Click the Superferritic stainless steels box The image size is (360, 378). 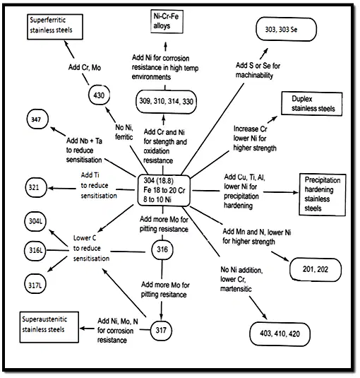click(x=55, y=27)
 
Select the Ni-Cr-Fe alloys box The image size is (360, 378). click(x=167, y=21)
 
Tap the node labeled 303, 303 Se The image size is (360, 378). click(x=286, y=29)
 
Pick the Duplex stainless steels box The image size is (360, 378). click(x=312, y=104)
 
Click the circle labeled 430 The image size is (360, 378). click(x=99, y=95)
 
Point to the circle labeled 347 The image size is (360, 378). click(x=37, y=119)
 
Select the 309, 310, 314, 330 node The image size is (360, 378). click(x=166, y=102)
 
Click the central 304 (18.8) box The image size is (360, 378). click(x=164, y=191)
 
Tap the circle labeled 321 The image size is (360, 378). click(x=36, y=187)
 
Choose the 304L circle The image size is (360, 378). click(x=35, y=221)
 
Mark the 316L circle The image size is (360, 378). click(x=35, y=250)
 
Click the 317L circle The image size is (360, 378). click(x=35, y=285)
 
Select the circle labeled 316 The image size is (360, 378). click(x=162, y=249)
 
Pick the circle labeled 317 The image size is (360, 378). click(x=161, y=330)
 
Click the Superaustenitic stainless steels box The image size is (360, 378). click(x=49, y=327)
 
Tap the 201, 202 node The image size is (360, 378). click(x=316, y=270)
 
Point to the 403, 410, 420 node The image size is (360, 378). click(x=280, y=334)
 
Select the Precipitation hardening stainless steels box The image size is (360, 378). click(x=322, y=194)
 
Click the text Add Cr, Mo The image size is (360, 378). click(x=85, y=67)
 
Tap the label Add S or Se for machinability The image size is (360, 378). click(x=258, y=70)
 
